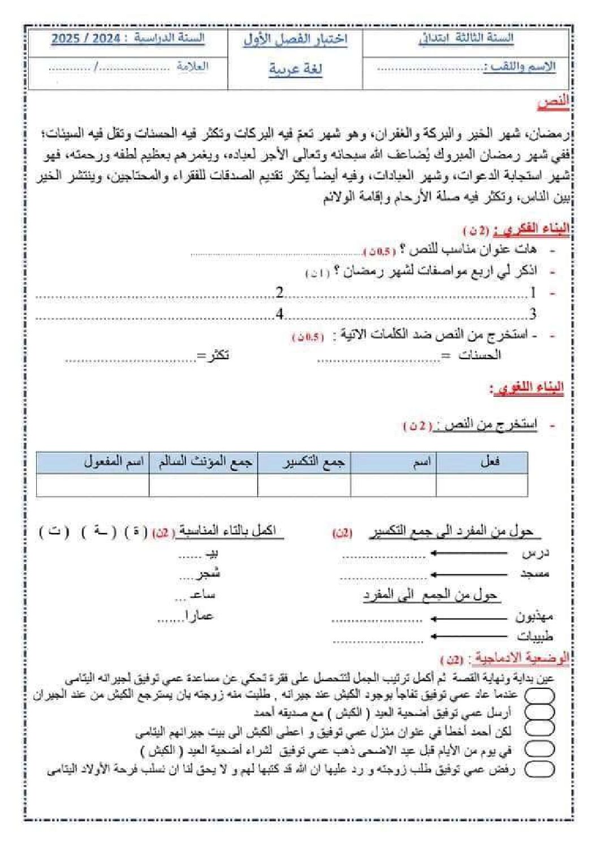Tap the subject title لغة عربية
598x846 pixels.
click(295, 69)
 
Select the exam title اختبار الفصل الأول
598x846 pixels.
click(295, 40)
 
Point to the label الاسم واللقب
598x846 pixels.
click(519, 67)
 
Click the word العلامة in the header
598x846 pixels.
click(192, 66)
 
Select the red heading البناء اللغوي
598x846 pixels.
click(527, 388)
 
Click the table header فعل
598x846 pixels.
click(489, 462)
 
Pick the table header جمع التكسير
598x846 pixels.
click(313, 462)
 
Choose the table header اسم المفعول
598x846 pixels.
click(114, 462)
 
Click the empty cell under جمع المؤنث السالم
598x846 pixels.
click(203, 485)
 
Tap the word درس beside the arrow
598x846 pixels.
click(535, 553)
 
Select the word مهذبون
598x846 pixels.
click(534, 617)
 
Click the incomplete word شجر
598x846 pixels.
click(207, 574)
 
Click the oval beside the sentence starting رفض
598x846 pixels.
click(539, 769)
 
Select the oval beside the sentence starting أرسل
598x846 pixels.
click(539, 713)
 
